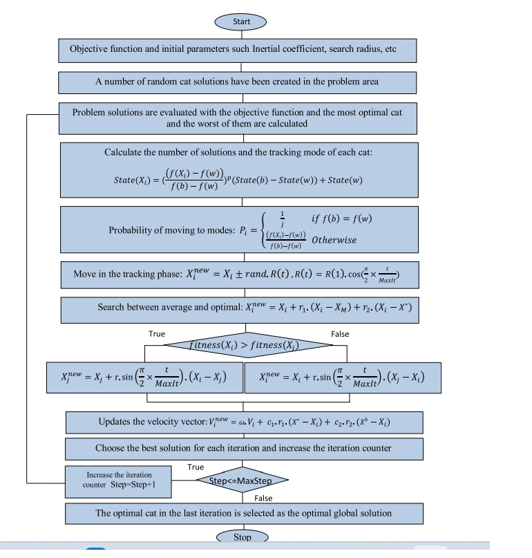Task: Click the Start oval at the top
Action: [241, 21]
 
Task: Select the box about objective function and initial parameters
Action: [237, 50]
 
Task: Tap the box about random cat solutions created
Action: [237, 82]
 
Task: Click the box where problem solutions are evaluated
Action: [237, 118]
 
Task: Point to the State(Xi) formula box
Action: [238, 169]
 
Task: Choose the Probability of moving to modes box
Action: [238, 230]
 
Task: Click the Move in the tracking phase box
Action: [238, 275]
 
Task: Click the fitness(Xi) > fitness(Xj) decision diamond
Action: [241, 343]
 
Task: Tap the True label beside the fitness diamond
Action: [157, 334]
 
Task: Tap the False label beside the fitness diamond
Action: [340, 334]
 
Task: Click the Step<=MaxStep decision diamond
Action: [241, 480]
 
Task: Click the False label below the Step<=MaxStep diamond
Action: [263, 498]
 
